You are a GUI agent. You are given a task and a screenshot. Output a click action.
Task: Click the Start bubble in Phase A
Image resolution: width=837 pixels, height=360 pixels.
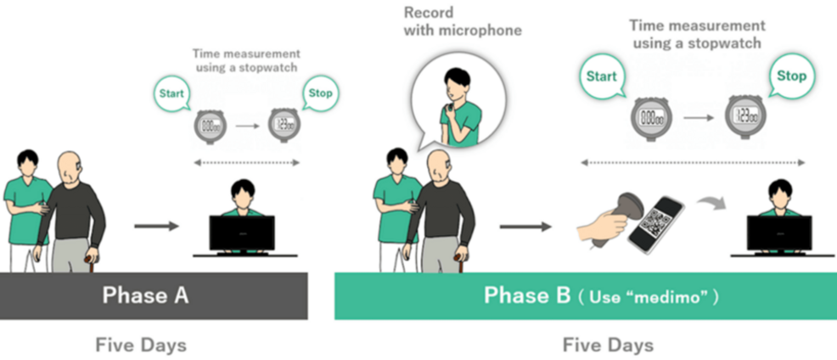click(x=172, y=92)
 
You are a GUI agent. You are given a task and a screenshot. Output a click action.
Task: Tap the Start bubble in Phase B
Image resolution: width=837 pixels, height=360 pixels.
click(x=602, y=77)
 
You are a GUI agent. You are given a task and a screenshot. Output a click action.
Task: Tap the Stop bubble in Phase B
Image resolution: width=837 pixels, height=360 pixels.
click(x=791, y=77)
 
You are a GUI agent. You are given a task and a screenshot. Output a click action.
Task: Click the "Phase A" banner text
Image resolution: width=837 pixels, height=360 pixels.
click(x=146, y=295)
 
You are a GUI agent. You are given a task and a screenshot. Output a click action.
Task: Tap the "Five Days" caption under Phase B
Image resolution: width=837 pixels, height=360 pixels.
click(x=608, y=345)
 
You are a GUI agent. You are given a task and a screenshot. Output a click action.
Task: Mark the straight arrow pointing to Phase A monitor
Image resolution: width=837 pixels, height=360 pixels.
click(x=157, y=226)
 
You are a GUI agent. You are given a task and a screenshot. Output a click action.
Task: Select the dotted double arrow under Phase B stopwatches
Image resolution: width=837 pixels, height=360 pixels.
click(x=693, y=162)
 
